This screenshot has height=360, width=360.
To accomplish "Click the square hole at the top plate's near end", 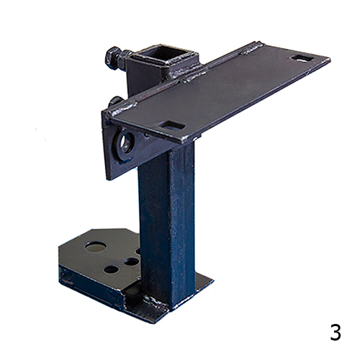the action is pos(172,125).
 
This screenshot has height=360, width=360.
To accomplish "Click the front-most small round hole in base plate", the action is pos(110,270).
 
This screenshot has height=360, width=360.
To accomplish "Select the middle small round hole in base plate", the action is pos(130,262).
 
